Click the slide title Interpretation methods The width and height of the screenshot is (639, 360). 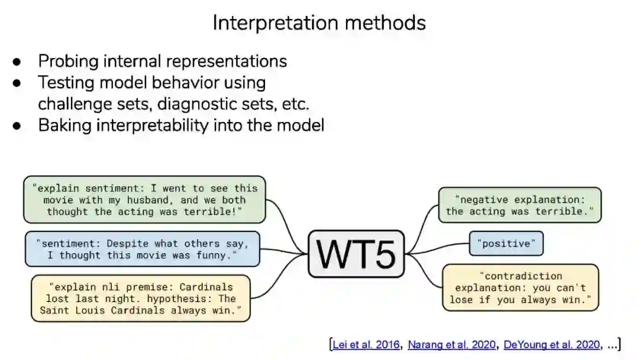tap(319, 22)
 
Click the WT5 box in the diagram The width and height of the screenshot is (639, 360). tap(356, 254)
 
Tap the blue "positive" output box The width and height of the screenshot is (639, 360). tap(506, 243)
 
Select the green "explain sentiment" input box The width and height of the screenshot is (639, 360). tap(145, 200)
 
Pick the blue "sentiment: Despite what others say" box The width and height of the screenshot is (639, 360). tap(143, 249)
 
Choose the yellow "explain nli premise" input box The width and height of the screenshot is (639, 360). tap(141, 298)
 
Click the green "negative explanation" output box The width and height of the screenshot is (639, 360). tap(519, 205)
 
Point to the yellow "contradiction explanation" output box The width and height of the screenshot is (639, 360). tap(521, 288)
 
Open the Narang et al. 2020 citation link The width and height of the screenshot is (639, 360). tap(452, 345)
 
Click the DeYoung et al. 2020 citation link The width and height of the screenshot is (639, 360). tap(551, 345)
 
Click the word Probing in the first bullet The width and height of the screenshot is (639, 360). tap(66, 62)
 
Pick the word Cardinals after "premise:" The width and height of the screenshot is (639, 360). tap(206, 287)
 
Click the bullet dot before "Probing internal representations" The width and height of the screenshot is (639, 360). tap(18, 62)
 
